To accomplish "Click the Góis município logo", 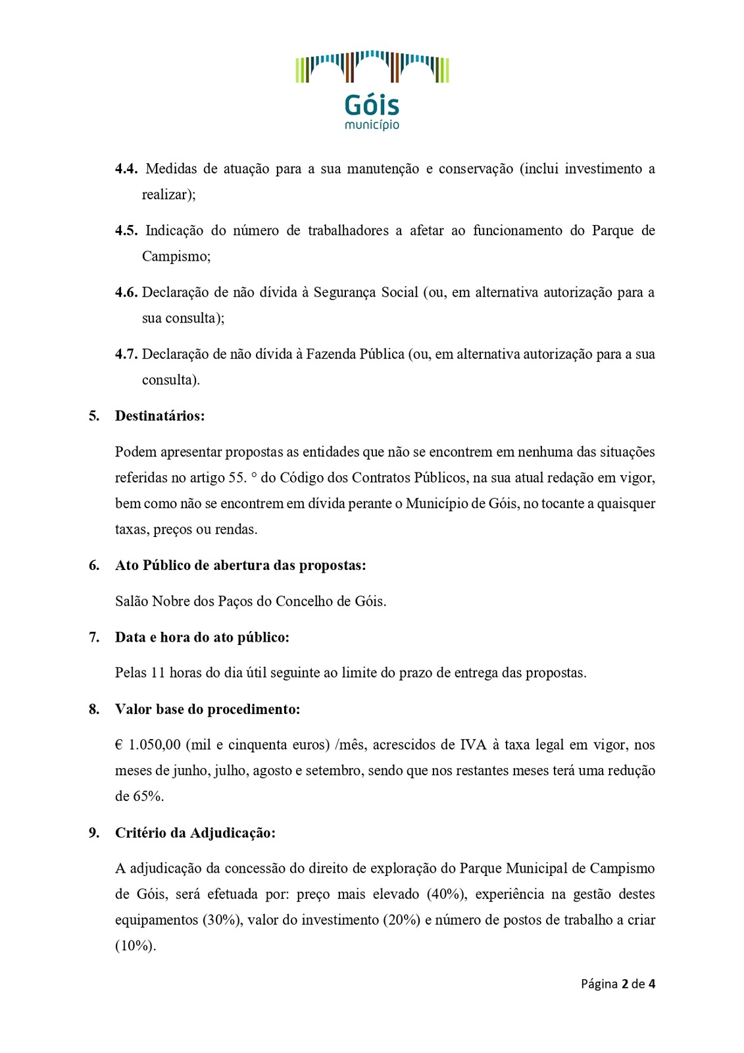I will pyautogui.click(x=372, y=89).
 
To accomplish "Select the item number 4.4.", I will pyautogui.click(x=126, y=169).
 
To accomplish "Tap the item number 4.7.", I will pyautogui.click(x=126, y=354).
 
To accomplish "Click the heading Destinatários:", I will pyautogui.click(x=160, y=416).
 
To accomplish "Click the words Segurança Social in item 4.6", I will pyautogui.click(x=366, y=292).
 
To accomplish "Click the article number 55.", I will pyautogui.click(x=237, y=478).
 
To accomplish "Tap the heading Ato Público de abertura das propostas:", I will pyautogui.click(x=240, y=565).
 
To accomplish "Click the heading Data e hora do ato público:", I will pyautogui.click(x=202, y=637).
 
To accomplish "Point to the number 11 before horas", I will pyautogui.click(x=158, y=673).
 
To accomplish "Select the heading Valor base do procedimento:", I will pyautogui.click(x=207, y=709).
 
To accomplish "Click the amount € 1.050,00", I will pyautogui.click(x=148, y=745).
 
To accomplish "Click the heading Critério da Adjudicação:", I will pyautogui.click(x=195, y=833).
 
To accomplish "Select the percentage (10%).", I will pyautogui.click(x=136, y=946).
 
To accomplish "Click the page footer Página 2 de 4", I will pyautogui.click(x=618, y=984).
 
